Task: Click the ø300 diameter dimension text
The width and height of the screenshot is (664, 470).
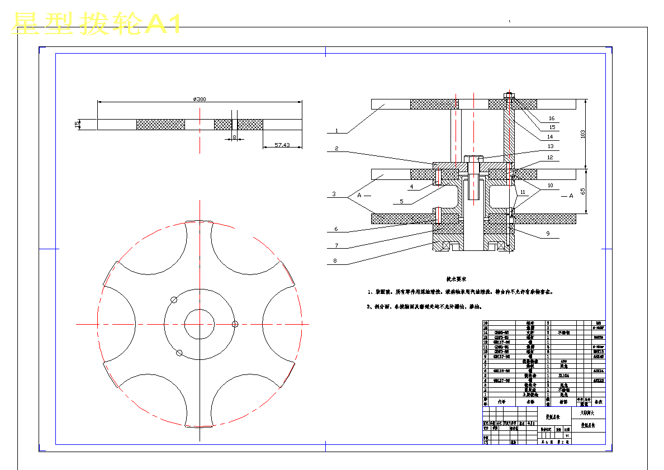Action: coord(200,99)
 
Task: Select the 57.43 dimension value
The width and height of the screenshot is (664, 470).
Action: coord(283,145)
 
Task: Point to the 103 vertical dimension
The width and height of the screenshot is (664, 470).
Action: coord(583,134)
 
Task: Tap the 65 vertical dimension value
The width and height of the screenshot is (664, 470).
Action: coord(583,191)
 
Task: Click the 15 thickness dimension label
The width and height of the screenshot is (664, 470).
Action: coord(77,124)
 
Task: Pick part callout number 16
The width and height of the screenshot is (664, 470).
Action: coord(552,118)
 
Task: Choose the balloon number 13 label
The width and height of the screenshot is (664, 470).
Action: coord(551,146)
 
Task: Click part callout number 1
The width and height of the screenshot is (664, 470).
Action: coord(336,131)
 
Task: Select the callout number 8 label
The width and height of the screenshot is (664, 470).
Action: coord(335,260)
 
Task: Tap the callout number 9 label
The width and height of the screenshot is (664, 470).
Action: coord(548,233)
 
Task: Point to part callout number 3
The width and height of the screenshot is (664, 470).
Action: coord(334,194)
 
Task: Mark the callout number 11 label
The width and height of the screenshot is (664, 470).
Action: coord(523,192)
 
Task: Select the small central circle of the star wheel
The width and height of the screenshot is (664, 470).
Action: coord(200,324)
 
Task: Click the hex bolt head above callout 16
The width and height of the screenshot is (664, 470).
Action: coord(509,94)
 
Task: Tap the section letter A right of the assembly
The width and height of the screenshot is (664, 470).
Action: coord(571,196)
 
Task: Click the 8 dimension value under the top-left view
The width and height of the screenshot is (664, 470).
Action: coord(235,137)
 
